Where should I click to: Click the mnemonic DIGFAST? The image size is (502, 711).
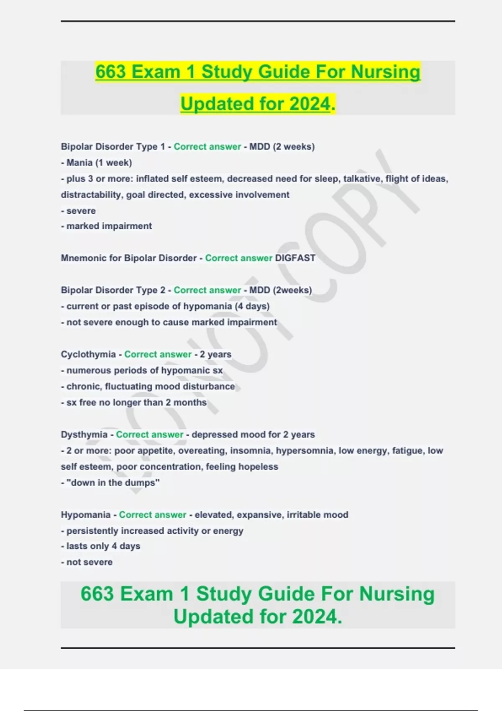point(295,258)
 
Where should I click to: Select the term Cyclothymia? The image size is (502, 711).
point(88,354)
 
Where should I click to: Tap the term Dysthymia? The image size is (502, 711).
point(84,435)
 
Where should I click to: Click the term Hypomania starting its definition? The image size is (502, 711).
point(86,515)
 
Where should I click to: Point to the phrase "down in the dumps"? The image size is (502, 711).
point(113,483)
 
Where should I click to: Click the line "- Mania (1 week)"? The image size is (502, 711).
point(97,163)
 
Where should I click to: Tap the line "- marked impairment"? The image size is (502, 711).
point(107,226)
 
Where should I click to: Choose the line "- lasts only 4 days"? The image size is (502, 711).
point(101,546)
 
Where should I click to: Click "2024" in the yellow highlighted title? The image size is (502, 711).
point(310,104)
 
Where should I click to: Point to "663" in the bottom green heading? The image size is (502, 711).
point(97,594)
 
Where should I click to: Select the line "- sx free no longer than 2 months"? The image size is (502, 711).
point(134,402)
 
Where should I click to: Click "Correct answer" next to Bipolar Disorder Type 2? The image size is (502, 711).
point(207,290)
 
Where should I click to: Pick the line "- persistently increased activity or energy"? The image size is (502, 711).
point(152,531)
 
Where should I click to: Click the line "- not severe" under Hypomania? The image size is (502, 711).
point(87,562)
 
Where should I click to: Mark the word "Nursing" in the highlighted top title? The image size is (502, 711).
point(385,72)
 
